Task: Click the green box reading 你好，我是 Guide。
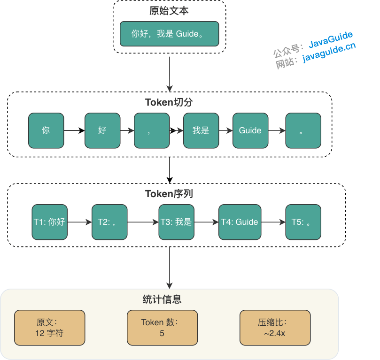tap(169, 34)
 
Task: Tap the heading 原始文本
tap(169, 10)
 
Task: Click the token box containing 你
tap(46, 130)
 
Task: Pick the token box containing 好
tap(102, 130)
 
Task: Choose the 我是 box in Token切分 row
tap(201, 130)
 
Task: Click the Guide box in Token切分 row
tap(250, 130)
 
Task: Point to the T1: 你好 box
tap(49, 222)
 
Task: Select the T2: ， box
tap(109, 222)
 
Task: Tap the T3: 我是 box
tap(176, 222)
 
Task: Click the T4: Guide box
tap(240, 222)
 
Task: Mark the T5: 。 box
tap(303, 222)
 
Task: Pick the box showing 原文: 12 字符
tap(49, 328)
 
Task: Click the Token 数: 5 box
tap(162, 328)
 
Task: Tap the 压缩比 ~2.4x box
tap(275, 328)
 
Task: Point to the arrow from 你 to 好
tap(74, 130)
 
